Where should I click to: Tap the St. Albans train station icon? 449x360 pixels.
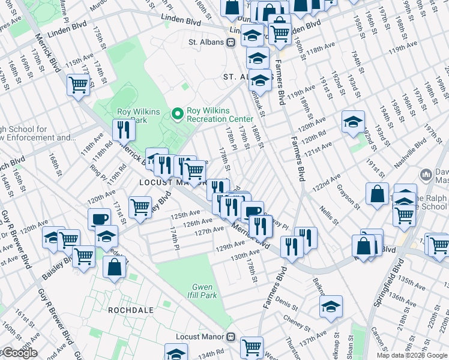[229, 43]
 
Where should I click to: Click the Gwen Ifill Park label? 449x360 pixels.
[203, 290]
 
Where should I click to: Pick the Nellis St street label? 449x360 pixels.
[330, 215]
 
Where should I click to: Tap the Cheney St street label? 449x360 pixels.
[297, 322]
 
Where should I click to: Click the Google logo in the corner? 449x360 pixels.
[19, 353]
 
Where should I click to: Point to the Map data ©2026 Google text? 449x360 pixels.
[411, 355]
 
